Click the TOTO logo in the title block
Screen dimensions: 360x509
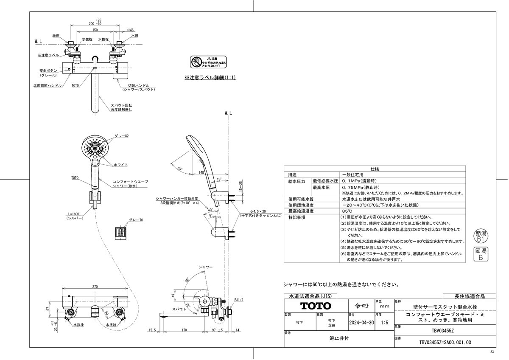pyautogui.click(x=316, y=306)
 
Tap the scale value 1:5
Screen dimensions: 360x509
pyautogui.click(x=385, y=323)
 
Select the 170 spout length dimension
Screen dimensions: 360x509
pyautogui.click(x=185, y=329)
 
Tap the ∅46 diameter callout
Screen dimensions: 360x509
pyautogui.click(x=130, y=30)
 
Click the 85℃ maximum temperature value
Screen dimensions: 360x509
pyautogui.click(x=347, y=211)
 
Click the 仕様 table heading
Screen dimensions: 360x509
pyautogui.click(x=375, y=169)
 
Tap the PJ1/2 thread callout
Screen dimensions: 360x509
pyautogui.click(x=240, y=300)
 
